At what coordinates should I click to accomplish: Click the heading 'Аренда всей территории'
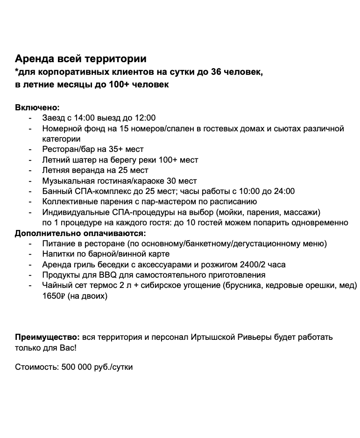tap(80, 59)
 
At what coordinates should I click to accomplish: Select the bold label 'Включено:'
tap(37, 108)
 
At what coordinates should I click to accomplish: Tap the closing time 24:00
tap(284, 191)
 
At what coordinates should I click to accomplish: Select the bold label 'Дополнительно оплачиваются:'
tap(80, 233)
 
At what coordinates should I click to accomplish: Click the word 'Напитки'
tap(57, 254)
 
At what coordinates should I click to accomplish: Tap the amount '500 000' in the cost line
tap(76, 367)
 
